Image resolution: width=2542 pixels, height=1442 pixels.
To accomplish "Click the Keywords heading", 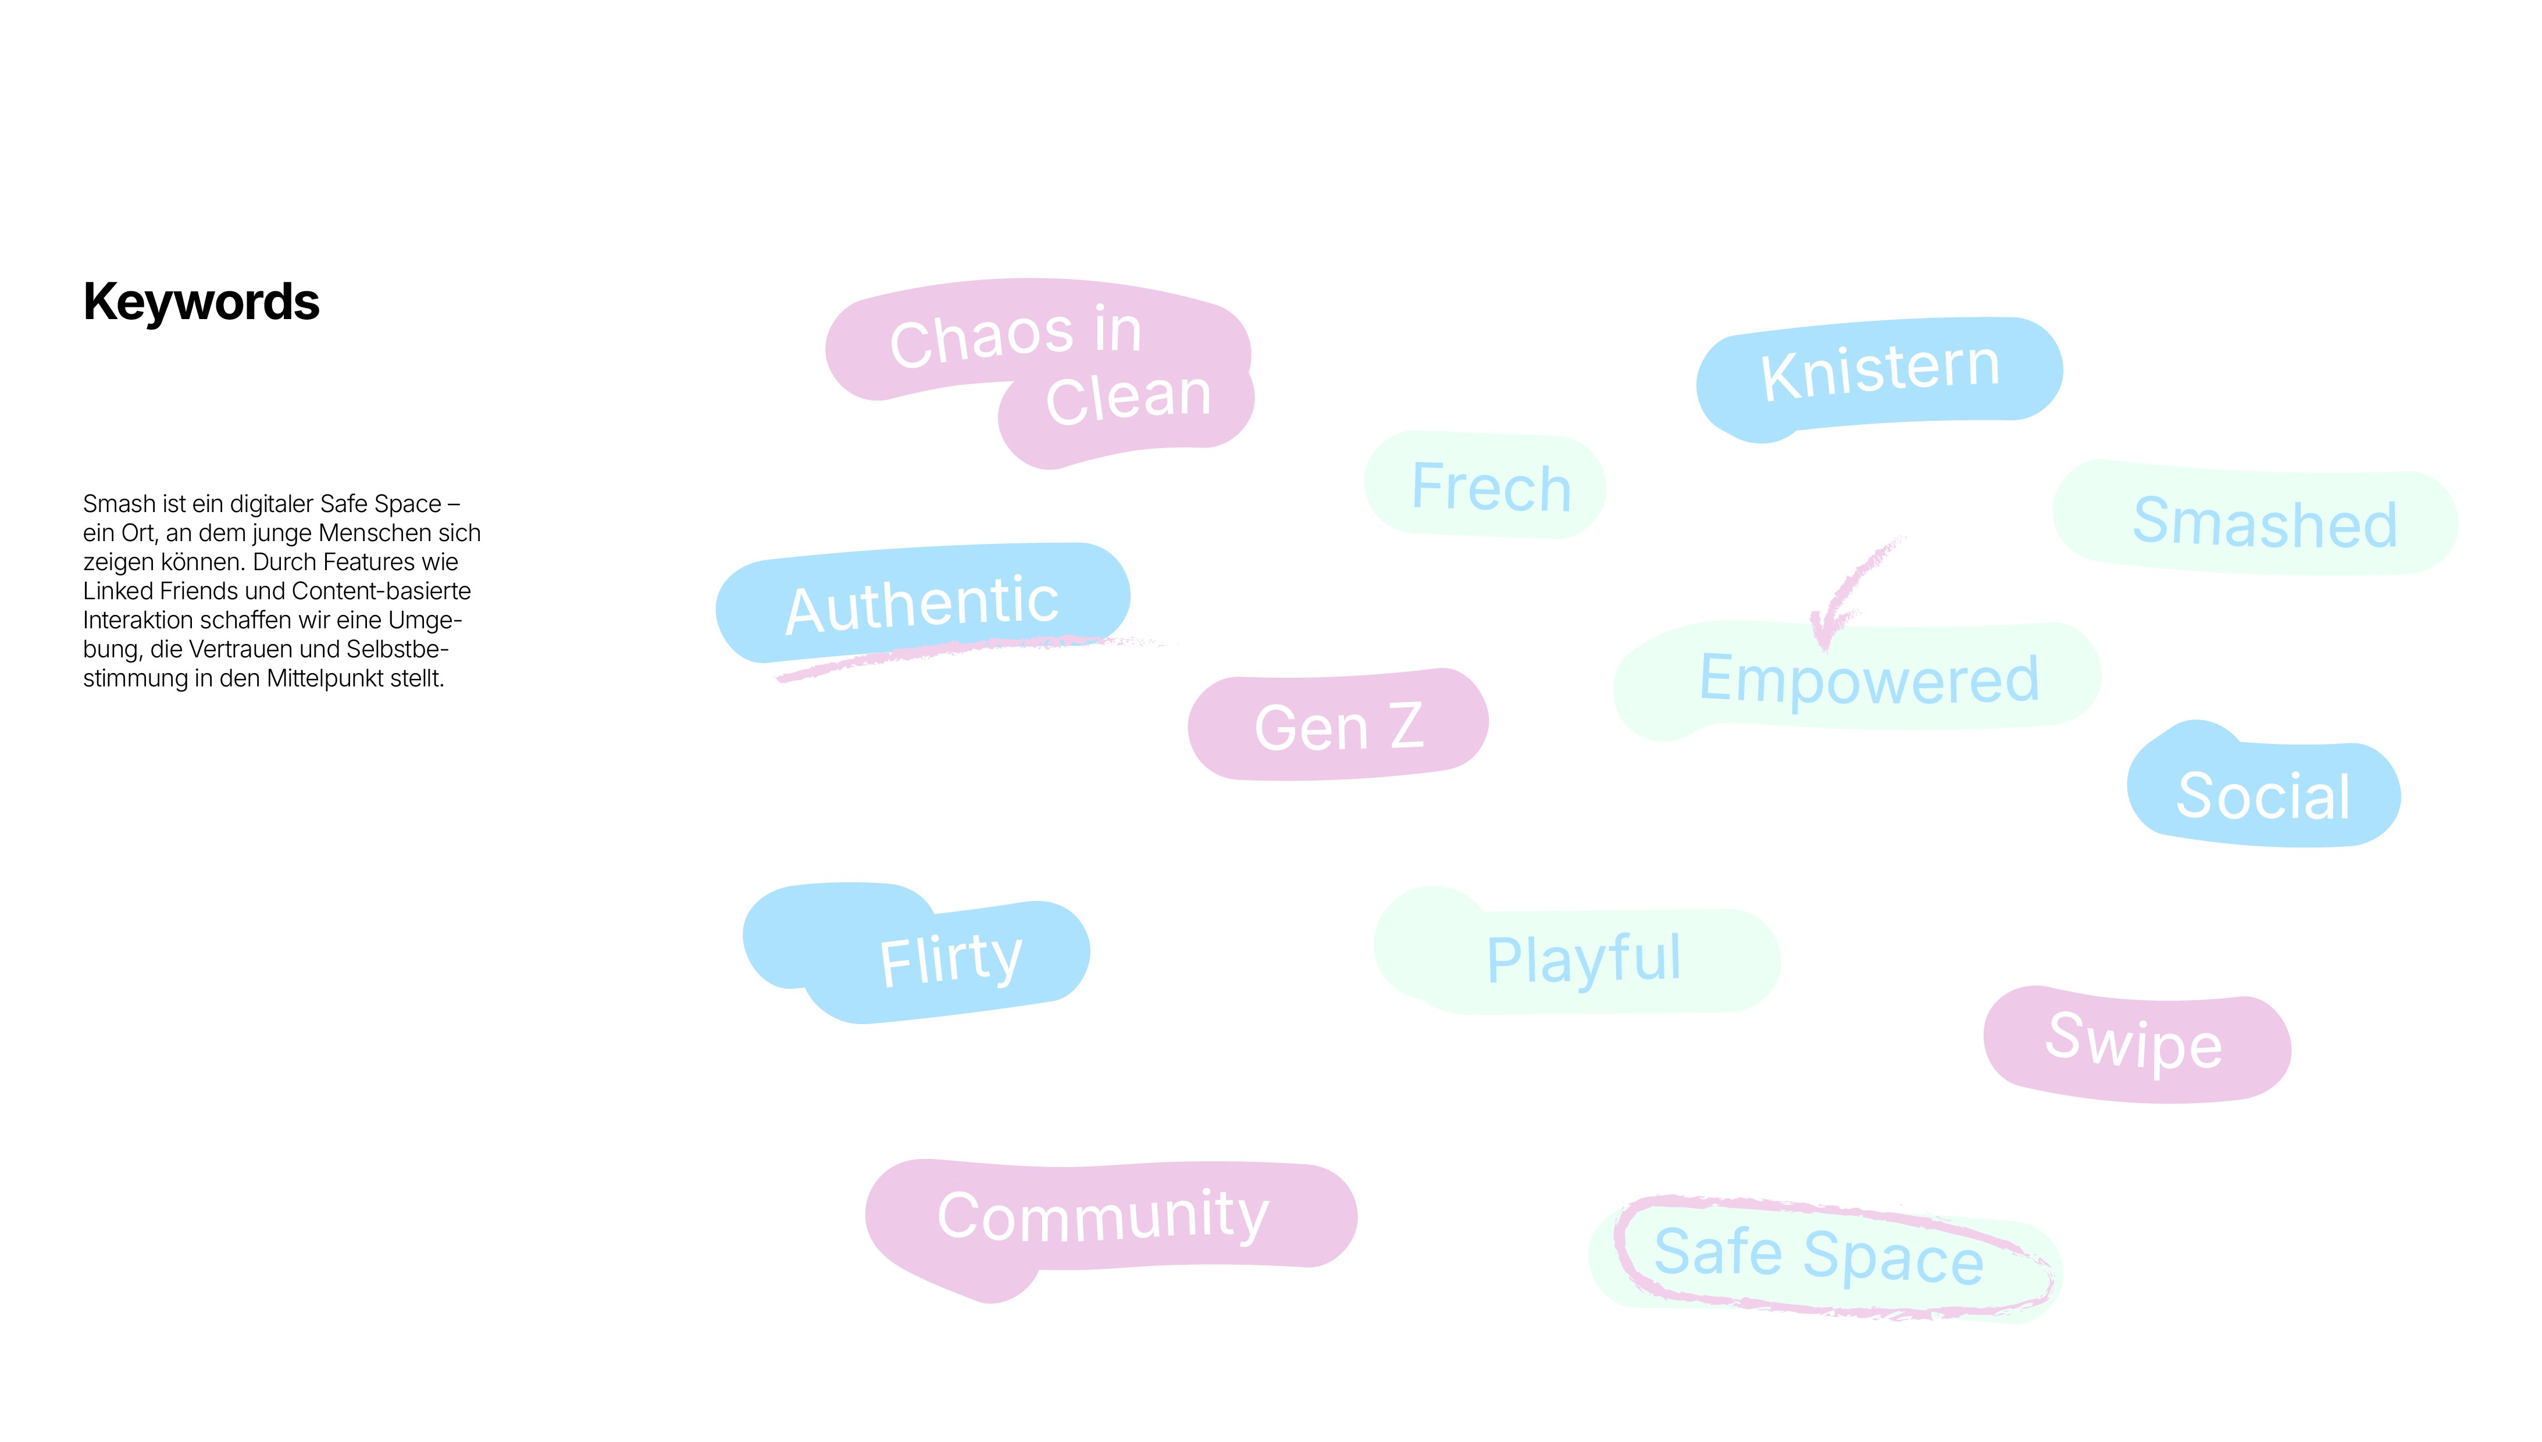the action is click(x=201, y=302).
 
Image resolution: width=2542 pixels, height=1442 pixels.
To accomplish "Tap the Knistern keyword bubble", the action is click(x=1879, y=373).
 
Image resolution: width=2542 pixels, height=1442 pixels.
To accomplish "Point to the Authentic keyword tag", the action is click(x=921, y=603).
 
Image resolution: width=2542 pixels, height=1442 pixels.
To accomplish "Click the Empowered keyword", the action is click(x=1869, y=679).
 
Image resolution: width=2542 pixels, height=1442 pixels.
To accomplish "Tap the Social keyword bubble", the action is click(x=2263, y=795).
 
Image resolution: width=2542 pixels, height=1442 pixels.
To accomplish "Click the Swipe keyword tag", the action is click(x=2135, y=1043).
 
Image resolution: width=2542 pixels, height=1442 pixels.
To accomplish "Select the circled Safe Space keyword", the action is click(x=1818, y=1256).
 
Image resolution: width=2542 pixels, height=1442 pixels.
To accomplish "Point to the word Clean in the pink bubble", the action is click(x=1128, y=398).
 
